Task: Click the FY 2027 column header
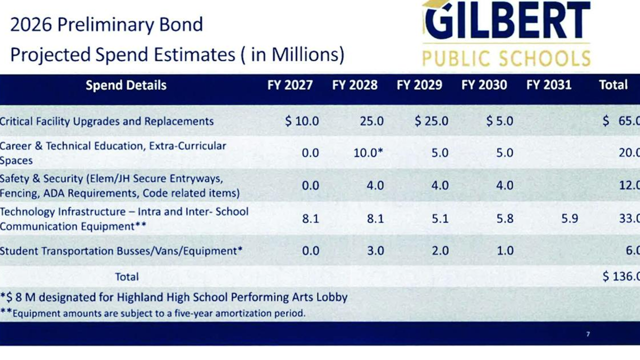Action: click(290, 85)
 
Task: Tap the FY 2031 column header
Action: click(548, 85)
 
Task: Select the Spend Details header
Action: click(126, 85)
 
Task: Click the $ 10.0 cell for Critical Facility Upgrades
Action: click(302, 121)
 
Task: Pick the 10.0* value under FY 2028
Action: click(368, 152)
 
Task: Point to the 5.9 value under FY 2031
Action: click(569, 218)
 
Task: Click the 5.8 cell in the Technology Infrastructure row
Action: click(504, 218)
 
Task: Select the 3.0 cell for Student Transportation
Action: click(375, 250)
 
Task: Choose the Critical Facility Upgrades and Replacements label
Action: click(107, 121)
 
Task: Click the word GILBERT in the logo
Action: click(506, 21)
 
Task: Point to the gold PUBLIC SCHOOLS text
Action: click(506, 58)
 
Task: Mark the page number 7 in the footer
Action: click(588, 334)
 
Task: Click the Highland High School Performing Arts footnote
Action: click(174, 297)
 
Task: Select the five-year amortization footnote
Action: click(153, 313)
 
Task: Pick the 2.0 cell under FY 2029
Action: click(440, 250)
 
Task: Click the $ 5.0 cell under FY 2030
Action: click(499, 121)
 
